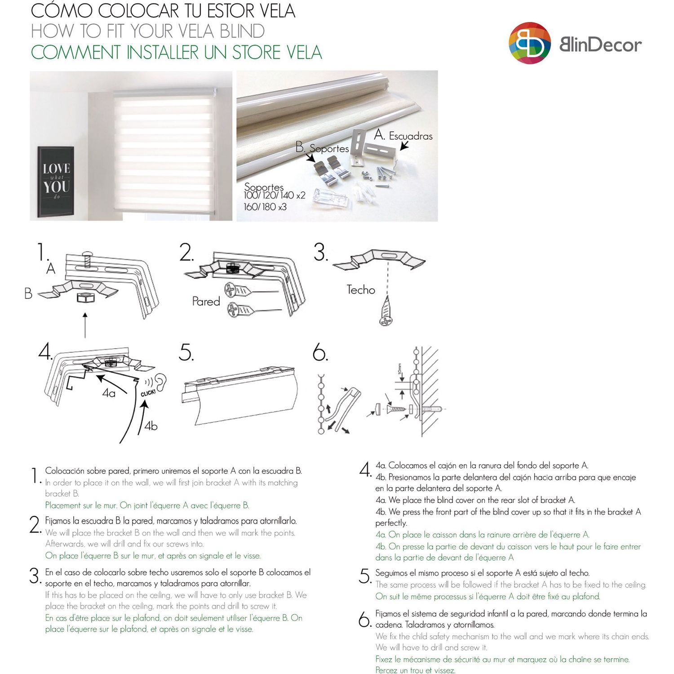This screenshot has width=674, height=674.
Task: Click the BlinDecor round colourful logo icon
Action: pyautogui.click(x=530, y=43)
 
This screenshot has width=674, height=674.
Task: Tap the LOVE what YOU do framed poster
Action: pyautogui.click(x=56, y=181)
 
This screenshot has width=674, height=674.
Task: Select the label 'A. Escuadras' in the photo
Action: pyautogui.click(x=404, y=135)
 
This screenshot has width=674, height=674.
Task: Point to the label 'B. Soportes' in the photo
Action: pyautogui.click(x=322, y=148)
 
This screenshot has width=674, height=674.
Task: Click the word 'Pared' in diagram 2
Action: pyautogui.click(x=206, y=301)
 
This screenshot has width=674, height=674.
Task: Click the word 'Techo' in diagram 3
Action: pyautogui.click(x=360, y=290)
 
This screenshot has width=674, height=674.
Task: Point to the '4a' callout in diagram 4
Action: pyautogui.click(x=109, y=393)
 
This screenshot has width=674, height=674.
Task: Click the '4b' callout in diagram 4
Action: pyautogui.click(x=151, y=426)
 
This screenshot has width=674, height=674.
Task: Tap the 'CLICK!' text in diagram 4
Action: pyautogui.click(x=148, y=393)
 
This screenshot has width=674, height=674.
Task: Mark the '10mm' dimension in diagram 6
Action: pyautogui.click(x=399, y=369)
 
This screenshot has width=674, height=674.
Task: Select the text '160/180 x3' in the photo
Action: pyautogui.click(x=265, y=207)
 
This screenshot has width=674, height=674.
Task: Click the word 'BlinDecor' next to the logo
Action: pyautogui.click(x=600, y=44)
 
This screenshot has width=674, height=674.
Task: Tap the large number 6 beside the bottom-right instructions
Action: pyautogui.click(x=364, y=620)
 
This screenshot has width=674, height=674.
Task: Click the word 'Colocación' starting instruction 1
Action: pyautogui.click(x=64, y=471)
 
